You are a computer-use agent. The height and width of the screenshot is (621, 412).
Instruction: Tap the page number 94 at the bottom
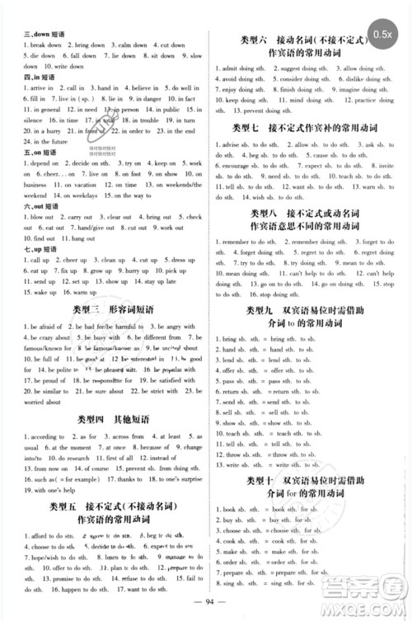[x=206, y=602]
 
